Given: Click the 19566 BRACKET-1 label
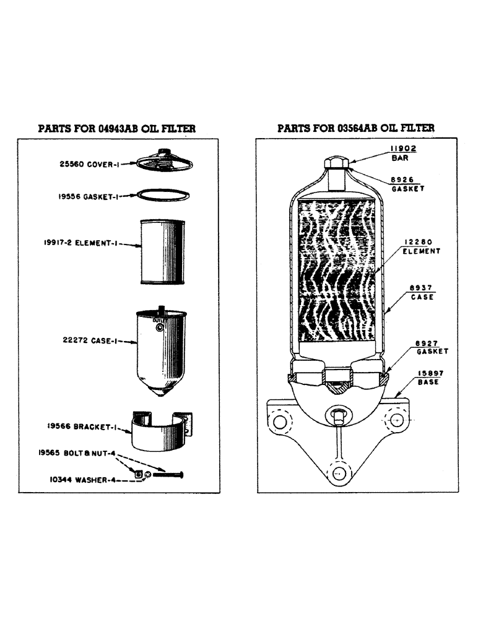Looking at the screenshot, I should pos(81,426).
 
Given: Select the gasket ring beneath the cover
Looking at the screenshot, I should pos(163,194).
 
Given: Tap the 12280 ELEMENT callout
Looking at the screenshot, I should pos(421,246).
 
